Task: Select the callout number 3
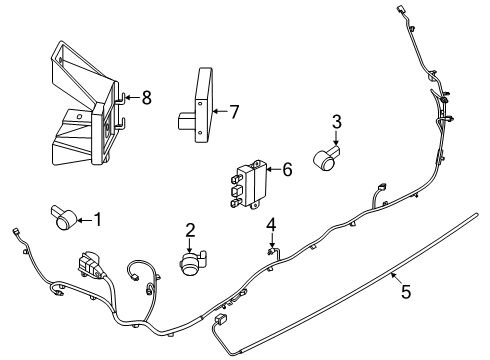pyautogui.click(x=337, y=122)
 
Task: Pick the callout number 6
pyautogui.click(x=286, y=171)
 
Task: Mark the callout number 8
pyautogui.click(x=147, y=97)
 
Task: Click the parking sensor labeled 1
pyautogui.click(x=62, y=215)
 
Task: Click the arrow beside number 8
pyautogui.click(x=132, y=97)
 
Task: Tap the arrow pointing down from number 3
pyautogui.click(x=337, y=138)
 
